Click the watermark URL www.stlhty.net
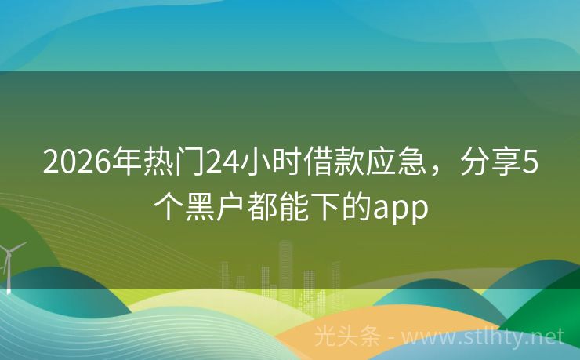[486, 338]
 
